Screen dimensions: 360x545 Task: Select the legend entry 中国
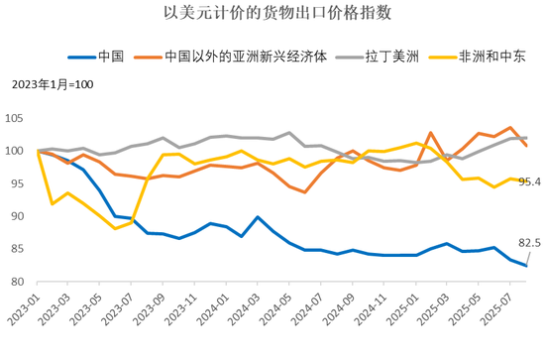[x=98, y=57]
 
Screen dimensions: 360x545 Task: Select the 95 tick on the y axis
[x=24, y=183]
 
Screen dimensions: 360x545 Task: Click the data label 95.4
[x=528, y=181]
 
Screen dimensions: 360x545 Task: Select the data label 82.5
[x=529, y=243]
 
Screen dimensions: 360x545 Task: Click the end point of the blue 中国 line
[x=526, y=266]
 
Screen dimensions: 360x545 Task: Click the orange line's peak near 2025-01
[x=430, y=133]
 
